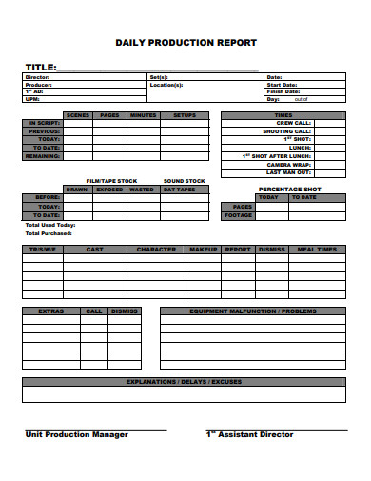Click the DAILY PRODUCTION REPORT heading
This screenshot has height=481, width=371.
(185, 43)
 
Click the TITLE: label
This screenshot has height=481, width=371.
(41, 67)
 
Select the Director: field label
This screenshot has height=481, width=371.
(37, 77)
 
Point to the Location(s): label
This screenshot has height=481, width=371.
(166, 85)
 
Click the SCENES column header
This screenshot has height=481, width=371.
(78, 115)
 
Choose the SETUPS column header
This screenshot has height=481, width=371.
(185, 115)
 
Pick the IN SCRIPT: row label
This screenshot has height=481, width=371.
(46, 123)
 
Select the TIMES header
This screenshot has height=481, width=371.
(283, 115)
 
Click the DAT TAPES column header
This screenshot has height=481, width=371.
(179, 190)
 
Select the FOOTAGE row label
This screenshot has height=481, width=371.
(238, 214)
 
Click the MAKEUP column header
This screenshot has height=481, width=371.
(204, 250)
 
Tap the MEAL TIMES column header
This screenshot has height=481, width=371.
(317, 250)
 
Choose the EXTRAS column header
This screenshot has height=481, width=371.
(51, 311)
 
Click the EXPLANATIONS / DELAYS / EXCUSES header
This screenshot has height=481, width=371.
(185, 381)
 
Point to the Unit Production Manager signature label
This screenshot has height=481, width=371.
(76, 434)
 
